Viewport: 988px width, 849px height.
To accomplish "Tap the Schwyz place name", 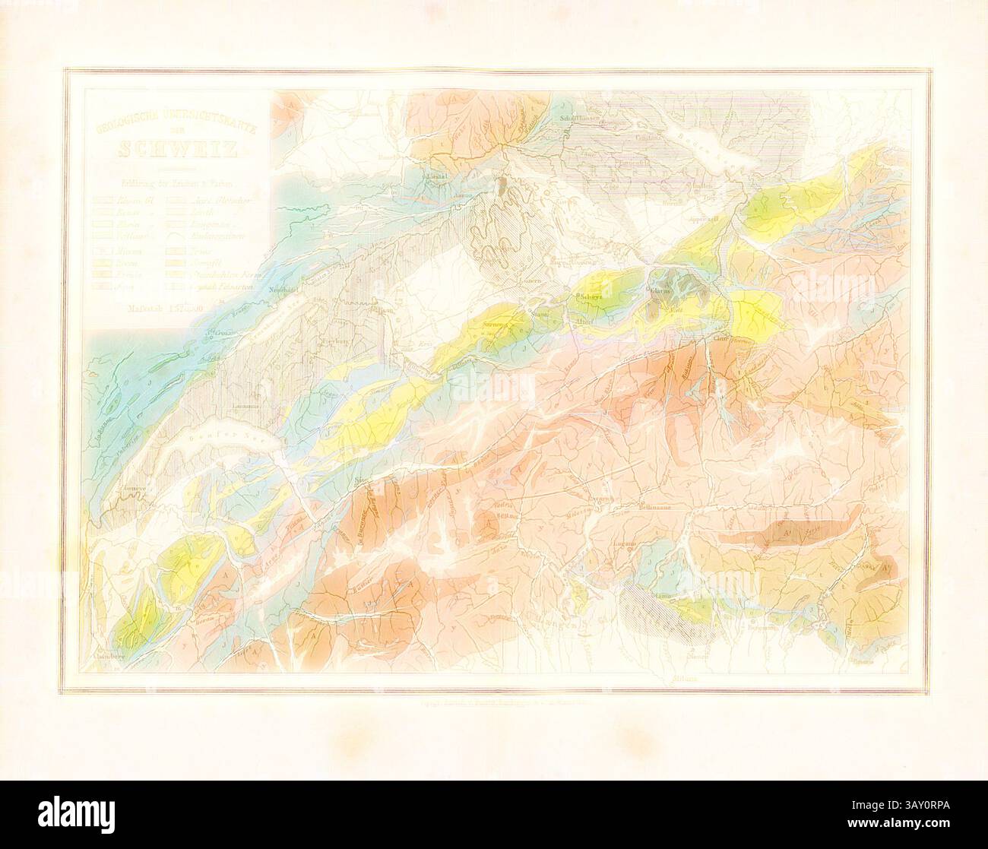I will pos(591,298).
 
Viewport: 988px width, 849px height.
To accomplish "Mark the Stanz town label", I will pos(540,313).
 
